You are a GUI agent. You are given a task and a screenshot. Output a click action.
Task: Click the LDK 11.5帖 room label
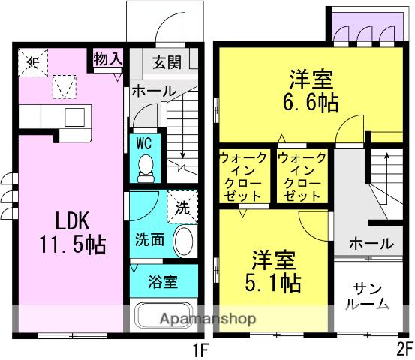click(x=72, y=232)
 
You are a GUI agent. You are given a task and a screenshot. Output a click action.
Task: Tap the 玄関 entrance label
click(x=167, y=63)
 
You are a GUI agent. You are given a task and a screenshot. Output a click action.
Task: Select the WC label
click(x=146, y=141)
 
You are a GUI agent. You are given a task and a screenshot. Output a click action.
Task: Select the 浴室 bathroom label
click(x=162, y=282)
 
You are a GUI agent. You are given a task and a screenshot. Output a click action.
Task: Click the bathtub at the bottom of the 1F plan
click(x=164, y=315)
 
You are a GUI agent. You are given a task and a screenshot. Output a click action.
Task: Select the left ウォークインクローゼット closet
click(x=242, y=177)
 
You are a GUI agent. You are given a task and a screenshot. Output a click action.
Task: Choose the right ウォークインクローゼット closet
click(x=302, y=177)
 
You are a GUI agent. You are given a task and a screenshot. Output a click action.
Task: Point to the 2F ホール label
click(x=371, y=243)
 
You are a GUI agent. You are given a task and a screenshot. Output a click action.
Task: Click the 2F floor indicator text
click(x=404, y=349)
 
